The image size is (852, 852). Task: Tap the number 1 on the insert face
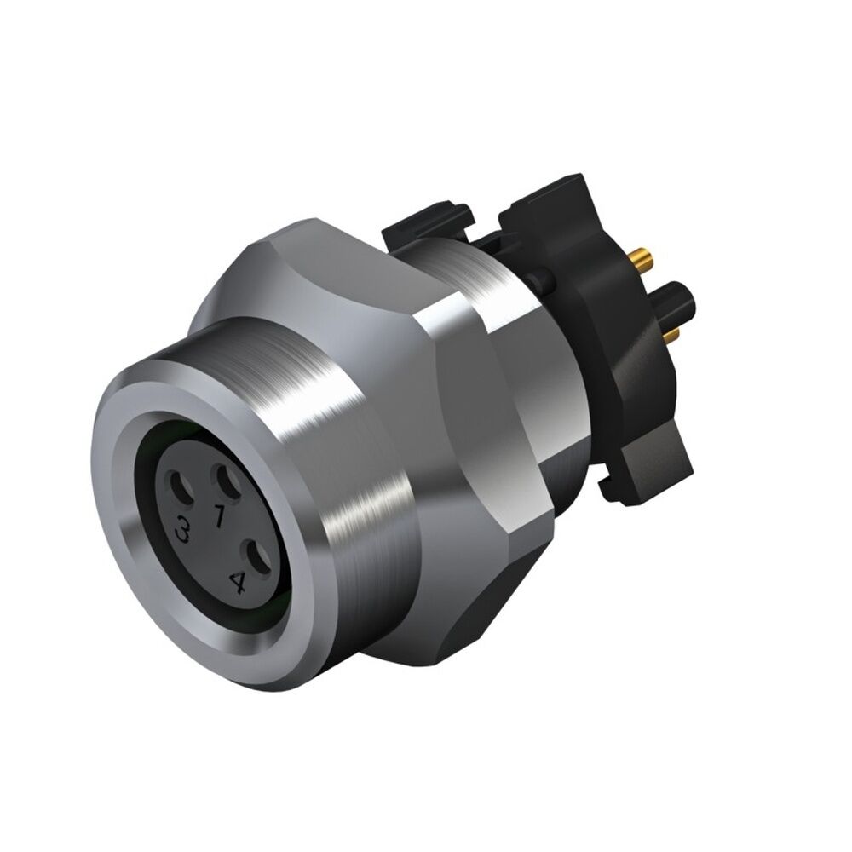219,515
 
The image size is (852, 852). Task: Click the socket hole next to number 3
182,492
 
